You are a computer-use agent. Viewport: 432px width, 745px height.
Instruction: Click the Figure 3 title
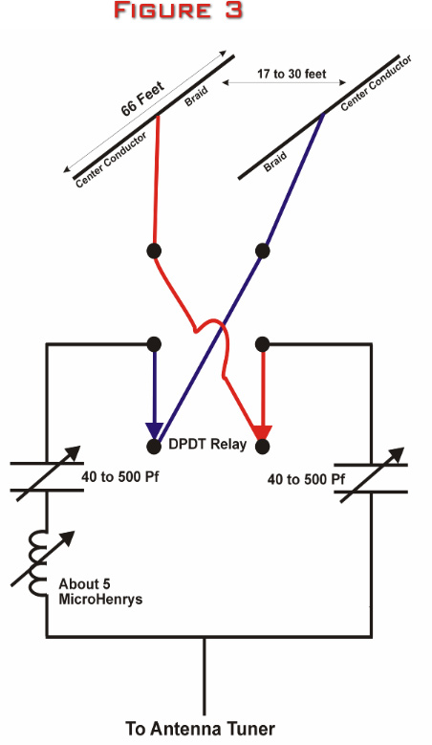tap(179, 11)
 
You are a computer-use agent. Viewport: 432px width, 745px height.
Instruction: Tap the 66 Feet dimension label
tap(142, 99)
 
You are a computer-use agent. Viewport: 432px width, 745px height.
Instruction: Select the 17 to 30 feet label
tap(292, 74)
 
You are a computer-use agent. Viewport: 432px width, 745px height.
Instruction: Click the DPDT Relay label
tap(207, 445)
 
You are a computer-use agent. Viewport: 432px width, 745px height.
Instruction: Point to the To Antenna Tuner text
tap(200, 729)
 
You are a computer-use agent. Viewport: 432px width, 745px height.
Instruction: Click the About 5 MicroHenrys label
tap(100, 591)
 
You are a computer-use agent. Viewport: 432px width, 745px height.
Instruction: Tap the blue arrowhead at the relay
tap(154, 430)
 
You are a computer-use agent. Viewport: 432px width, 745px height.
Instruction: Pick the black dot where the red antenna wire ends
tap(154, 251)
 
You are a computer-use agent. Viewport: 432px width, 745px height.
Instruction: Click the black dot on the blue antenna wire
tap(263, 251)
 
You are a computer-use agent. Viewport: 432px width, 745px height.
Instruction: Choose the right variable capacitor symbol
tap(371, 476)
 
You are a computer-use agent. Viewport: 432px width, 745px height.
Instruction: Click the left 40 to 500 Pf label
tap(119, 476)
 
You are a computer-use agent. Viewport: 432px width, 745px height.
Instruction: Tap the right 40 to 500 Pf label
tap(306, 478)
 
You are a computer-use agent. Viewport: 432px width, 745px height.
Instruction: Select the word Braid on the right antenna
tap(275, 161)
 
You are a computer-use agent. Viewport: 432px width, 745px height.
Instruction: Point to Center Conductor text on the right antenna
tap(376, 83)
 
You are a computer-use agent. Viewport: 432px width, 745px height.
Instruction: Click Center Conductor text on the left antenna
tap(111, 160)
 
